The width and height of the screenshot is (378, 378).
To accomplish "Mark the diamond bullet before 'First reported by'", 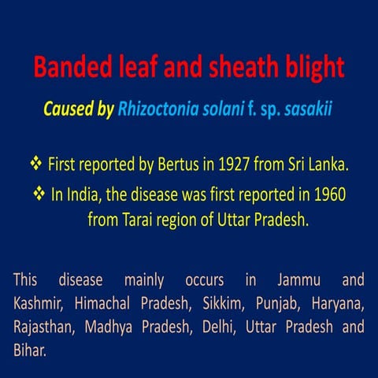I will [35, 166].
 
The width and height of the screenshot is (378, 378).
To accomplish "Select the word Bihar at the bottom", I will [29, 349].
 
